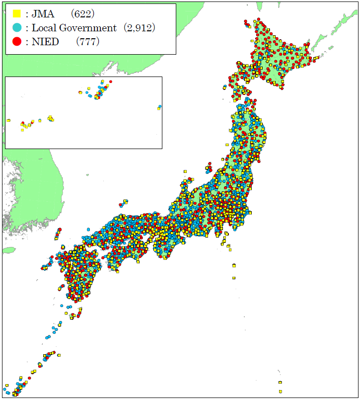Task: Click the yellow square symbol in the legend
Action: pyautogui.click(x=16, y=14)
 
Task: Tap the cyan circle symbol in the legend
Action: pyautogui.click(x=16, y=28)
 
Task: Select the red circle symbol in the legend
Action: pyautogui.click(x=16, y=41)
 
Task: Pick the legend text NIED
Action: pyautogui.click(x=46, y=42)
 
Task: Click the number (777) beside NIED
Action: pyautogui.click(x=88, y=42)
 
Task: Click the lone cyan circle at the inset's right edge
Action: pyautogui.click(x=159, y=106)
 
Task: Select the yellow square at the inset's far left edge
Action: pyautogui.click(x=8, y=120)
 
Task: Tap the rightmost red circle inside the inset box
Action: pyautogui.click(x=111, y=81)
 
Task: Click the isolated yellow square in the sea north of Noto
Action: pyautogui.click(x=185, y=171)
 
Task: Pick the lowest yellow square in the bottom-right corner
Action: pyautogui.click(x=281, y=391)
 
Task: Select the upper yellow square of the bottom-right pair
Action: pyautogui.click(x=281, y=383)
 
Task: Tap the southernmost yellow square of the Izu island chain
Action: pyautogui.click(x=234, y=278)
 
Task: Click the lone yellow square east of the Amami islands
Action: pyautogui.click(x=59, y=355)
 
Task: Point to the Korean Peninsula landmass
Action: pyautogui.click(x=35, y=199)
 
